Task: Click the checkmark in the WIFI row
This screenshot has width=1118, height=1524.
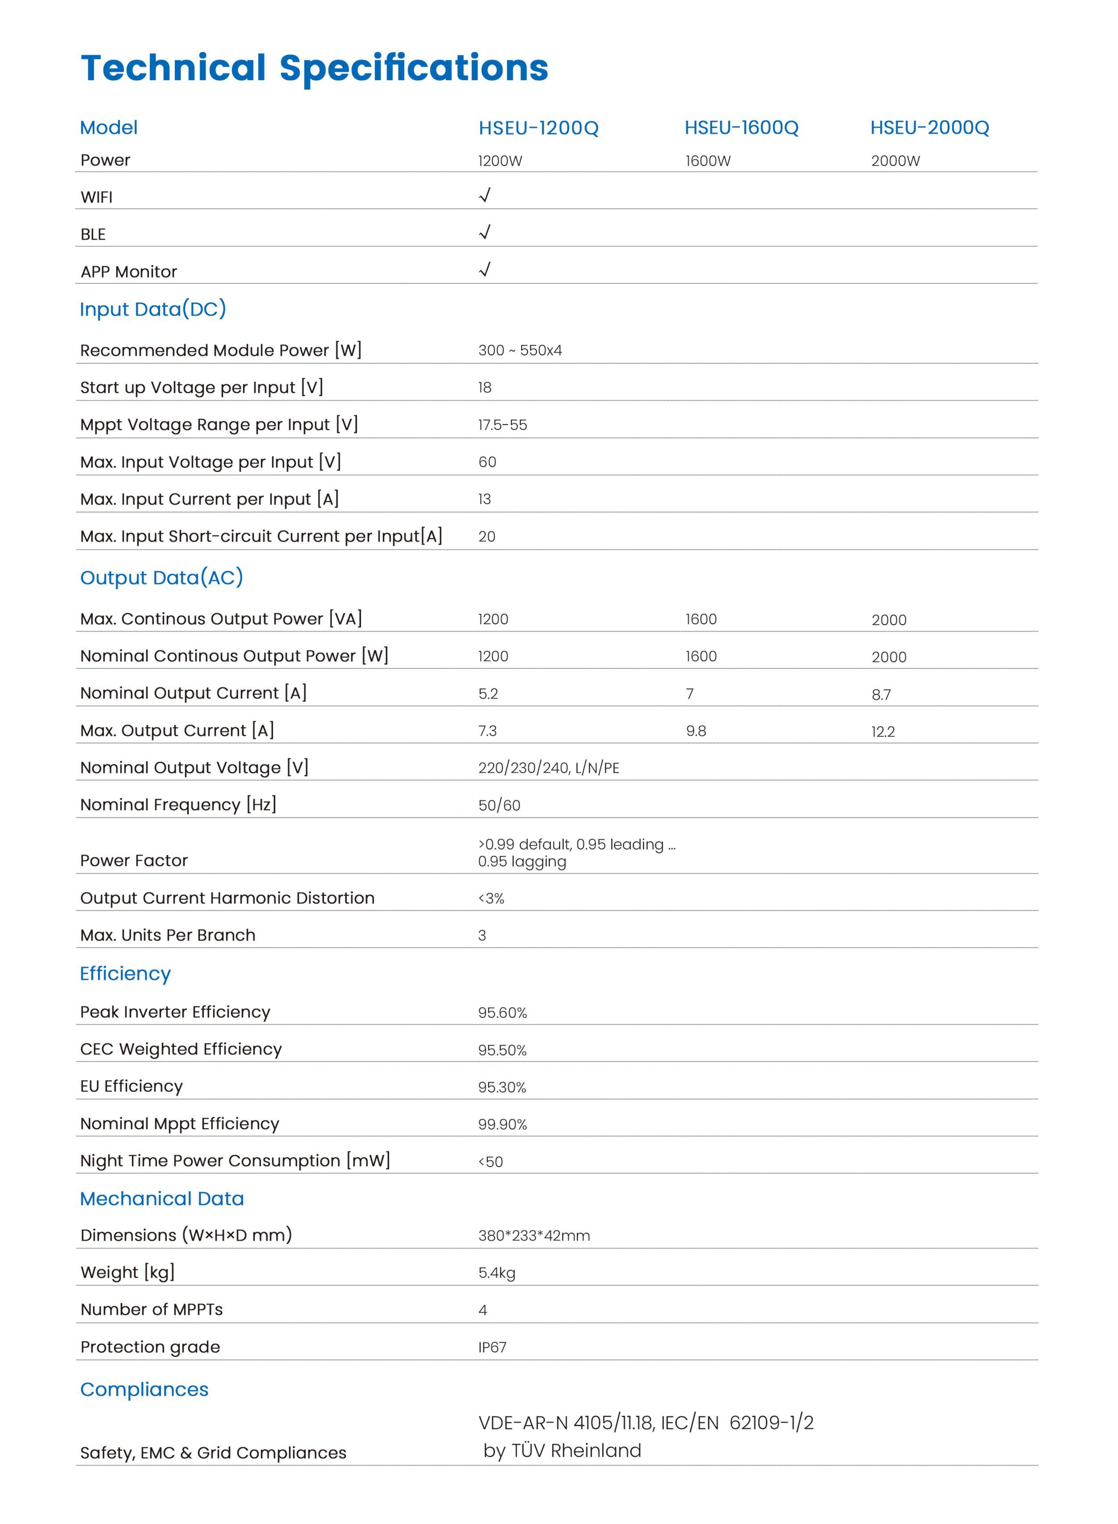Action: (484, 196)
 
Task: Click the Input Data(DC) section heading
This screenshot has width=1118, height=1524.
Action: (153, 309)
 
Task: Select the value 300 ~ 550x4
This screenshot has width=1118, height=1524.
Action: (520, 351)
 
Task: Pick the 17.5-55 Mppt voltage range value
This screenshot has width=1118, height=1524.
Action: (502, 425)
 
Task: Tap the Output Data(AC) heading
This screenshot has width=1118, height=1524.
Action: (161, 578)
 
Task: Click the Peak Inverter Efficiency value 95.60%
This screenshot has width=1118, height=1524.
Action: (502, 1013)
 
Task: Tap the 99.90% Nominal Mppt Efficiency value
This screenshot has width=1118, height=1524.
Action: (502, 1125)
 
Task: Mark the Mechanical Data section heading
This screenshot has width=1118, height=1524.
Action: (162, 1199)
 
